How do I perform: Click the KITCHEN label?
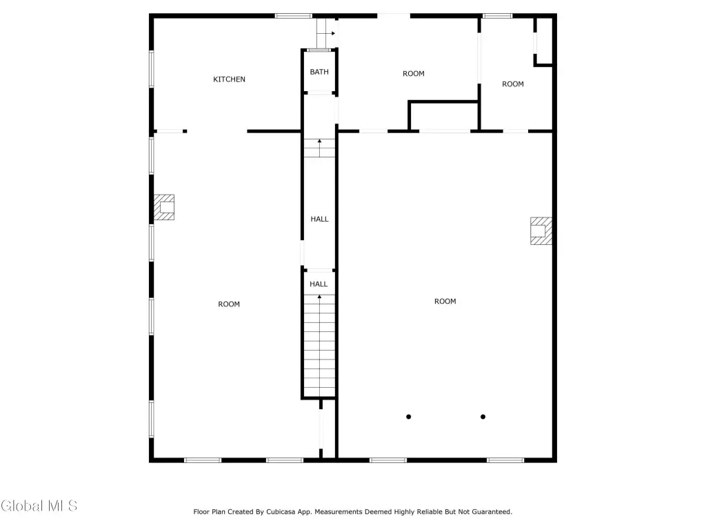229,79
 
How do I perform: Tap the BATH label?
319,72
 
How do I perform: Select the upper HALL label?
320,219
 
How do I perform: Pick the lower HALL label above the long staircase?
319,284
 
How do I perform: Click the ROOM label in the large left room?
229,304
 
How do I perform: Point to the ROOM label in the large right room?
445,302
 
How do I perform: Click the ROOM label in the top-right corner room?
513,84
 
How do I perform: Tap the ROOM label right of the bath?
414,73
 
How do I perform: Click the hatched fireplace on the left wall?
164,207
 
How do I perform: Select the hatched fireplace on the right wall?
541,230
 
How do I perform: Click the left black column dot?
408,417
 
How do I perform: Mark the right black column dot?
483,417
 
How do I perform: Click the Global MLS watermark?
39,506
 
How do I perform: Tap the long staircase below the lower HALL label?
319,346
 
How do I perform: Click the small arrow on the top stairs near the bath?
332,33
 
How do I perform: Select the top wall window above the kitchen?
294,17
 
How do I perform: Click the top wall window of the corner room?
498,17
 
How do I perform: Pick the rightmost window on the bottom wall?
505,460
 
